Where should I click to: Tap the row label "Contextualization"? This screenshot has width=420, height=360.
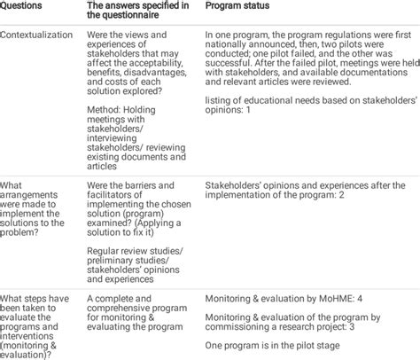pyautogui.click(x=39, y=38)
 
